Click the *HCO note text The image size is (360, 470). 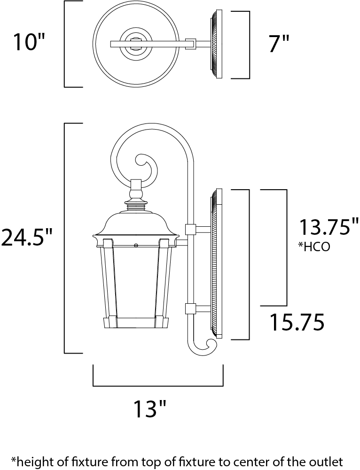314,247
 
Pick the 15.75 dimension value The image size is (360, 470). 297,322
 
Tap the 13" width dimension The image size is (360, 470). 149,408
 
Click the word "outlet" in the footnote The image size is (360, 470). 328,461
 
